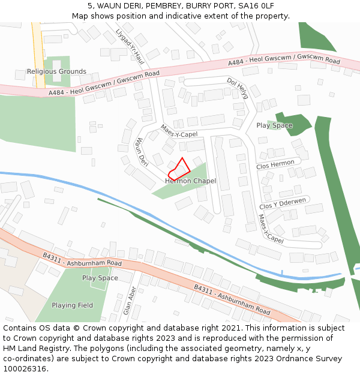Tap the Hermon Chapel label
click(190, 181)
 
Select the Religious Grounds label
click(56, 72)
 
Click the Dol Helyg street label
click(238, 88)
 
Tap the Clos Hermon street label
click(275, 164)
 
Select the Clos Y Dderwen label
click(283, 203)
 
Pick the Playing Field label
click(72, 305)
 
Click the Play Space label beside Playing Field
click(100, 278)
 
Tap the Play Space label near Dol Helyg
click(274, 126)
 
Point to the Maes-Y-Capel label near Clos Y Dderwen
click(271, 229)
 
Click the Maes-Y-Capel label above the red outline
click(179, 131)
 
